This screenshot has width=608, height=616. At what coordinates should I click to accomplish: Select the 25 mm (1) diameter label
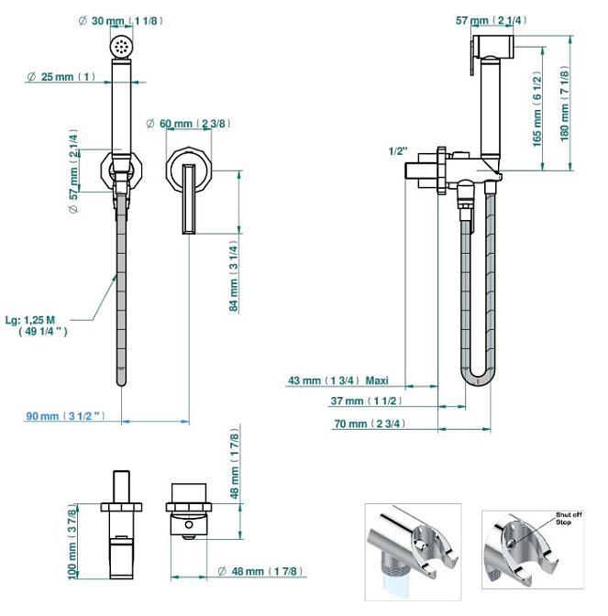click(x=61, y=77)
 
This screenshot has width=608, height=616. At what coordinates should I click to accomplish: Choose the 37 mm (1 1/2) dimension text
click(x=365, y=401)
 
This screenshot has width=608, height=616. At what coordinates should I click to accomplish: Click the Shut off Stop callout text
click(x=564, y=519)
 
